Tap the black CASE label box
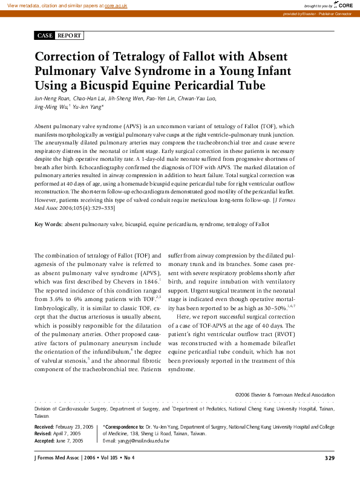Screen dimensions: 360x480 click(45, 36)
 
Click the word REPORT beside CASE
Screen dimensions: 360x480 click(69, 36)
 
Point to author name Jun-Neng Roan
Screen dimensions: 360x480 click(53, 99)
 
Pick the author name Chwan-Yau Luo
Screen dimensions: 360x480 click(197, 99)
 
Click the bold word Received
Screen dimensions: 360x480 click(44, 427)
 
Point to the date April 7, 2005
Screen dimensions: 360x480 click(67, 434)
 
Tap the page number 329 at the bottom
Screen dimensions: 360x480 click(330, 458)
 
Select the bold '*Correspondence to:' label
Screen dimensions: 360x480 click(123, 427)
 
